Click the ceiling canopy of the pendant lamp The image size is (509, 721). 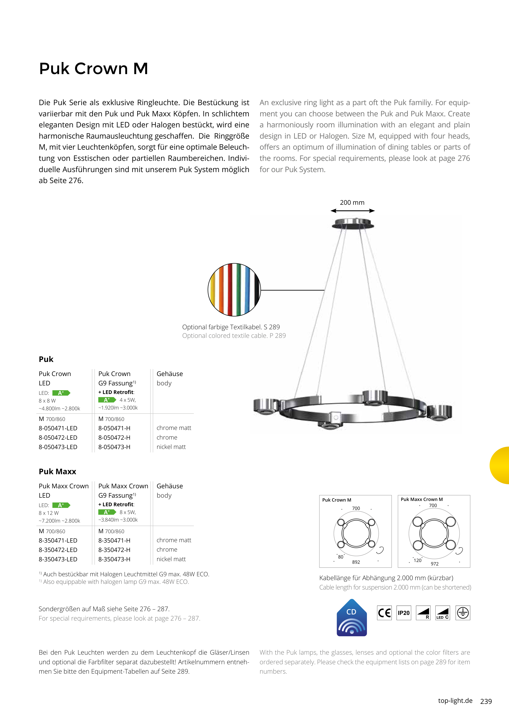(x=353, y=224)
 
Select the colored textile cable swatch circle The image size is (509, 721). (x=234, y=289)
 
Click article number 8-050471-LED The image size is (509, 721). (x=58, y=428)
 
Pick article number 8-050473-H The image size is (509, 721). (x=114, y=447)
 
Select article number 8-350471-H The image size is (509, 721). (x=114, y=540)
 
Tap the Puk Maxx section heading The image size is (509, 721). (x=57, y=471)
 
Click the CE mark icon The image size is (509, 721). (x=384, y=613)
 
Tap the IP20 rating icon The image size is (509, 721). (x=404, y=613)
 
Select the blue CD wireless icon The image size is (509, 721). (x=352, y=618)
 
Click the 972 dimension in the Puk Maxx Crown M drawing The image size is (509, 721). (x=434, y=564)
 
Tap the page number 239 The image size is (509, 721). (x=486, y=701)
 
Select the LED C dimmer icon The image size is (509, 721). (x=443, y=613)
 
